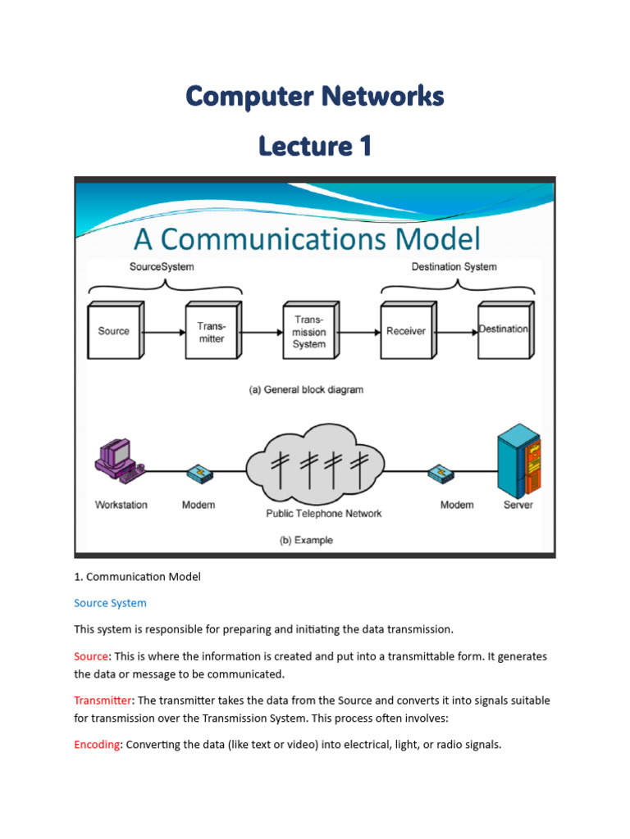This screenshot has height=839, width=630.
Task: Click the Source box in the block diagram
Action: click(x=116, y=330)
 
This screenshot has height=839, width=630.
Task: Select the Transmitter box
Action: click(x=213, y=330)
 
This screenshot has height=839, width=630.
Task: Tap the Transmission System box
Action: click(x=311, y=330)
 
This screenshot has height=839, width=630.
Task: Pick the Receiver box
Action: click(x=409, y=330)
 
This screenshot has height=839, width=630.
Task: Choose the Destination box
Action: click(x=505, y=330)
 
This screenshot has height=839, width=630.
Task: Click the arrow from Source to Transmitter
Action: click(x=164, y=333)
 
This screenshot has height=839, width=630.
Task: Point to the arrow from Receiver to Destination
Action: click(x=456, y=333)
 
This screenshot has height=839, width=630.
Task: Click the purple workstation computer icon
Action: click(x=120, y=460)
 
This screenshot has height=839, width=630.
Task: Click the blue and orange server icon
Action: click(x=518, y=460)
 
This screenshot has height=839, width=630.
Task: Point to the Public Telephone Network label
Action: click(x=323, y=514)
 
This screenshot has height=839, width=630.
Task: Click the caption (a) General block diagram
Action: click(x=306, y=389)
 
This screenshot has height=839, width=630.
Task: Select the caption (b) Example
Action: click(x=306, y=540)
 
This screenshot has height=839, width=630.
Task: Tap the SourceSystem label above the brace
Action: click(x=162, y=266)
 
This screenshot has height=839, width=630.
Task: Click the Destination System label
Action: click(x=454, y=266)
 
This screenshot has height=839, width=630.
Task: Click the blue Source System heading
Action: click(x=110, y=603)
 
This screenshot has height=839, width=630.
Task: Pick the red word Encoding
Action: click(x=97, y=744)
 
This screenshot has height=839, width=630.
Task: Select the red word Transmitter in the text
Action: click(x=103, y=700)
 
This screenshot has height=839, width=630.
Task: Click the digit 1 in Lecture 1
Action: click(x=365, y=146)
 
